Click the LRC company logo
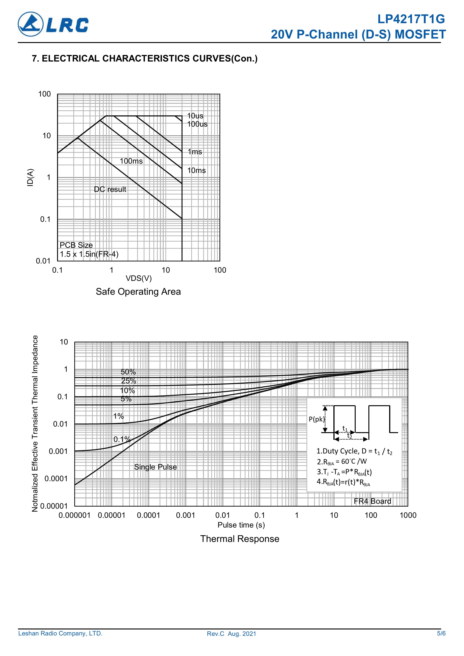53,24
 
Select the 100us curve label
197,124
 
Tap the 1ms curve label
195,152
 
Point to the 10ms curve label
196,171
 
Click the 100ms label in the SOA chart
131,161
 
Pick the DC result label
110,189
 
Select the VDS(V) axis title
139,278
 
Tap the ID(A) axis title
30,178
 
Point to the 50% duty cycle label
128,372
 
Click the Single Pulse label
155,467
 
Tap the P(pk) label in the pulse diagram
317,419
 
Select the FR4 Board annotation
372,501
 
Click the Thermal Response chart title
239,539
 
